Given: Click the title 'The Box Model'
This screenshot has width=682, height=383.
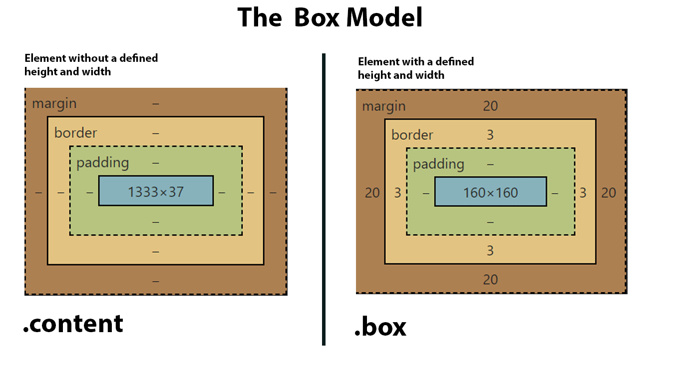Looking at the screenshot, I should [x=330, y=18].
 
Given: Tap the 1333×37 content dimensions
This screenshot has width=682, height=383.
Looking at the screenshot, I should [x=156, y=191].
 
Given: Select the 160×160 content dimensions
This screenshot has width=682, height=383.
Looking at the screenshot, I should [x=490, y=192].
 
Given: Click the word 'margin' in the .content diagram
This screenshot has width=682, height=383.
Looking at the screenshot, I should [x=54, y=104].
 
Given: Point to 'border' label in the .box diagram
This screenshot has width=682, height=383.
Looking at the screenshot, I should [x=412, y=135].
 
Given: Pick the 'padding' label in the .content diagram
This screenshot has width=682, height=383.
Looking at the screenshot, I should [x=103, y=163].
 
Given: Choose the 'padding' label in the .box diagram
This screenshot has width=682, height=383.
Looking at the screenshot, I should [x=438, y=164].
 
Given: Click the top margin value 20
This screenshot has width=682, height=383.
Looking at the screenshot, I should [x=490, y=106].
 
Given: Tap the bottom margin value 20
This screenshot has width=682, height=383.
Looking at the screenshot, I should [x=490, y=279].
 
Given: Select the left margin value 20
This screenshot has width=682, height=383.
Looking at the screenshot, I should [x=372, y=192].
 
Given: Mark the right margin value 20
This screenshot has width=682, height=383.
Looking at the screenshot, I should [x=609, y=192].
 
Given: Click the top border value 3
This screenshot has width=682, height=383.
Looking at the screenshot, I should [x=490, y=135].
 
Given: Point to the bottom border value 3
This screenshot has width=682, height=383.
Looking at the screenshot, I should [x=490, y=250].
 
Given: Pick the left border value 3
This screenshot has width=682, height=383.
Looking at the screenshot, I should [x=397, y=192].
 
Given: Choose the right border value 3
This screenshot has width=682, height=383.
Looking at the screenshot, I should [x=583, y=192].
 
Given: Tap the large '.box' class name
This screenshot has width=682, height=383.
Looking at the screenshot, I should [x=380, y=327].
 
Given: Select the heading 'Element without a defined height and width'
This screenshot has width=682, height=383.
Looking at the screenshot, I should [x=91, y=65].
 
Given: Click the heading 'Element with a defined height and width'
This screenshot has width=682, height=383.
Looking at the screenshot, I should [x=415, y=68].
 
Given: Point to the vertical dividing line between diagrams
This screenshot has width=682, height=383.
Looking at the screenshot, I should [x=324, y=199].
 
